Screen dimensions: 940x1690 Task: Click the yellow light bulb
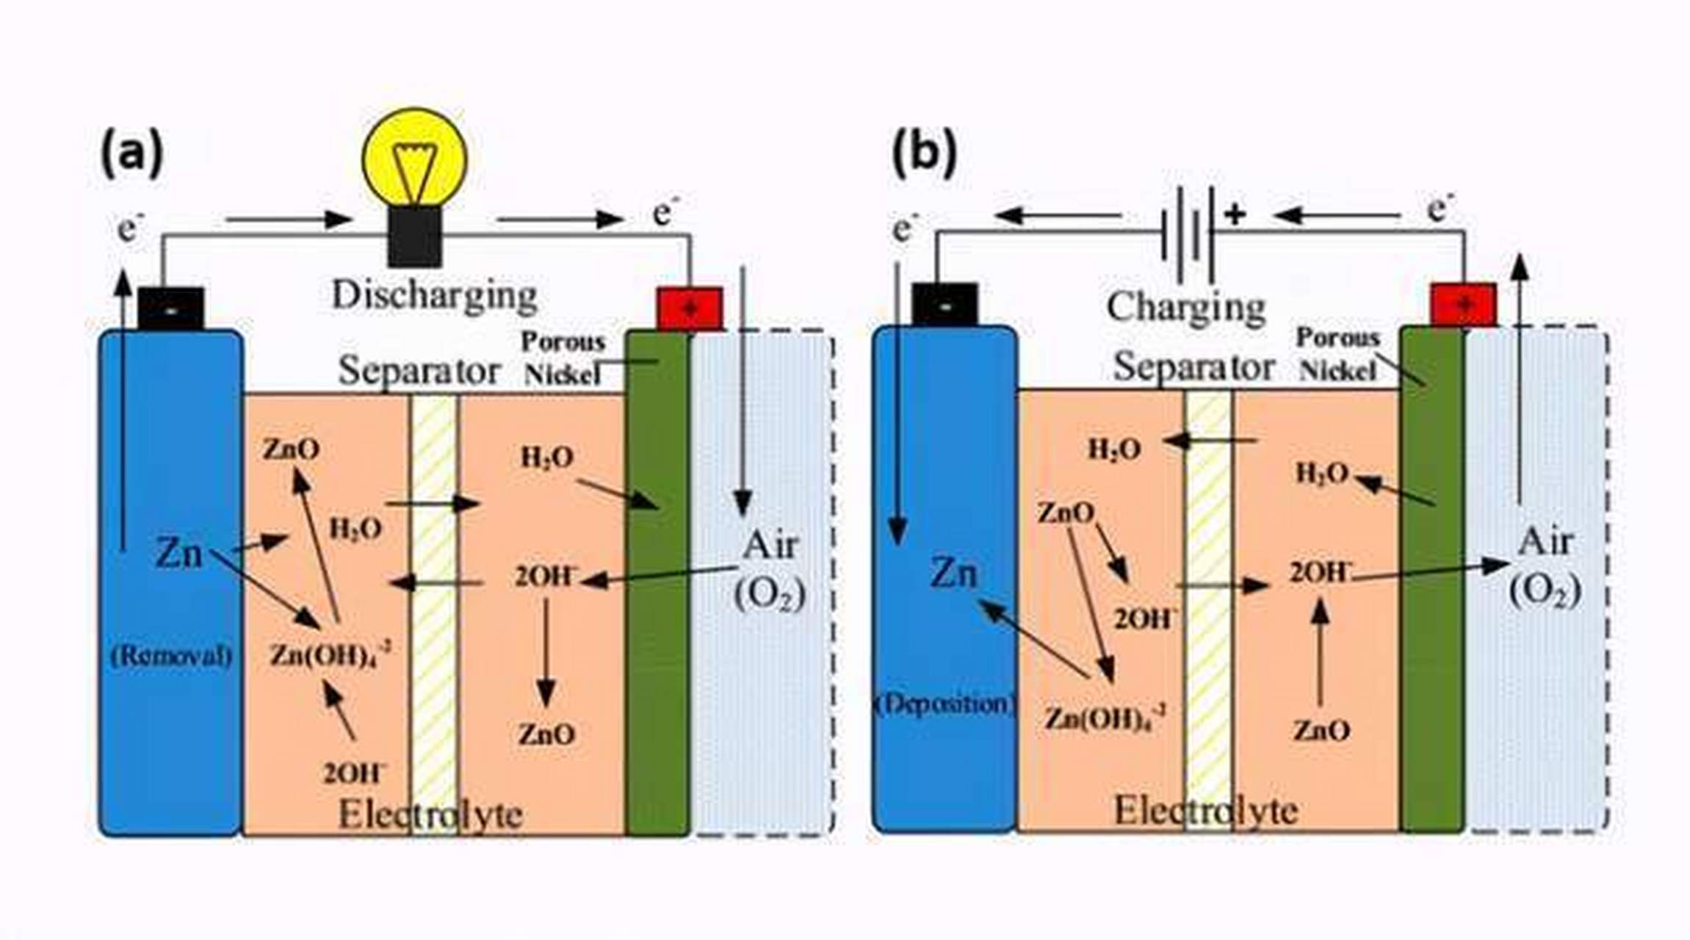tap(415, 158)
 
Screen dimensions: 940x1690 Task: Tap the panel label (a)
tap(131, 153)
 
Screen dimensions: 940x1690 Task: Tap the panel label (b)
tap(924, 153)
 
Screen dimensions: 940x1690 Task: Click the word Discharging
tap(434, 295)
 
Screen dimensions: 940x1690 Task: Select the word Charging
tap(1186, 306)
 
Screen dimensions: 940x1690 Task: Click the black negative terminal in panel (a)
tap(170, 308)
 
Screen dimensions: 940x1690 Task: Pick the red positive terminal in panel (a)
tap(689, 308)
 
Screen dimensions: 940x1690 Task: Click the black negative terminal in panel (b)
tap(945, 304)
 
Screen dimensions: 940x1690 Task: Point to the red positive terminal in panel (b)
tap(1463, 304)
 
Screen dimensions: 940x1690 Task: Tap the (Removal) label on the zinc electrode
tap(170, 655)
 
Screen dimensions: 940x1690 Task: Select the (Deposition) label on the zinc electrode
tap(945, 704)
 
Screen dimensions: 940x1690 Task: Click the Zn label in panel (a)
tap(178, 552)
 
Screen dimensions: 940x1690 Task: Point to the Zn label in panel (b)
tap(953, 572)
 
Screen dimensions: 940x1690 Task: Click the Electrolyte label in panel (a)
tap(430, 814)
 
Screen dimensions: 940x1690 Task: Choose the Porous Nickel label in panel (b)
tap(1337, 354)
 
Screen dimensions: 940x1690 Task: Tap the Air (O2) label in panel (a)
tap(770, 570)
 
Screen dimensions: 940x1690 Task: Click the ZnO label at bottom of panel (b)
tap(1321, 731)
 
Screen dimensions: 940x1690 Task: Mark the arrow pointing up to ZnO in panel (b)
tap(1320, 654)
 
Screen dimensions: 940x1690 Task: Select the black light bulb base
tap(415, 236)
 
